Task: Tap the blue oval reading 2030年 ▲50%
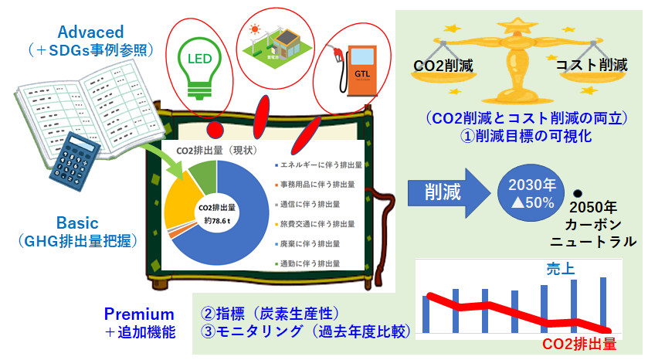coord(527,193)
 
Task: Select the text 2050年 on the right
coord(592,208)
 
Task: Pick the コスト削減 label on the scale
coord(592,65)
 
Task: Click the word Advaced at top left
coord(90,32)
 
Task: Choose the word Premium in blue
coord(139,314)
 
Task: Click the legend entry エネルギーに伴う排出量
coord(318,165)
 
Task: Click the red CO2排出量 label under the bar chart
coord(579,344)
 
